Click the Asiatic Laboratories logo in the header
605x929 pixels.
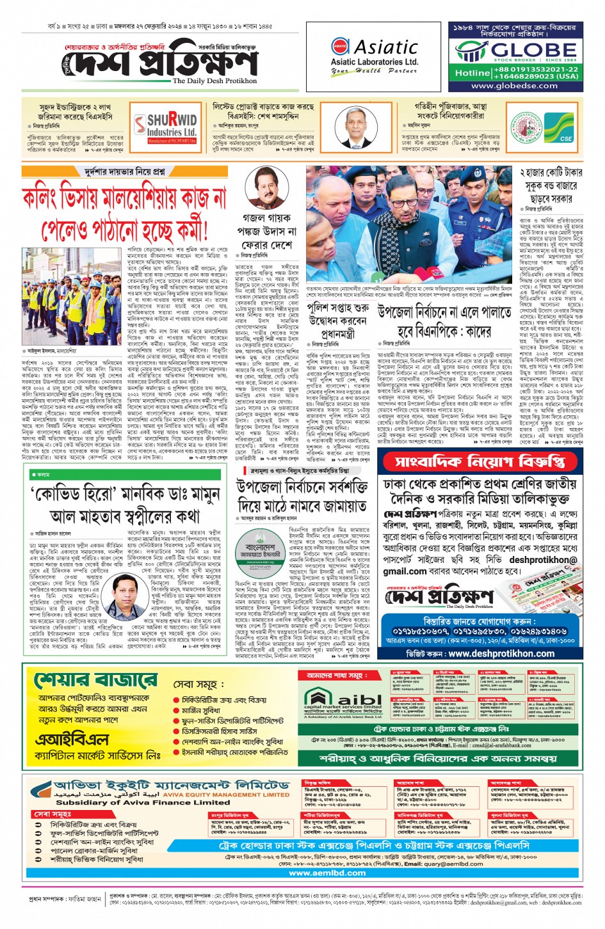click(375, 56)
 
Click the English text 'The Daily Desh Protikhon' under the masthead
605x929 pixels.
click(214, 81)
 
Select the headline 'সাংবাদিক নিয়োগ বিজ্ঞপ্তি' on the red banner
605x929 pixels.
click(480, 461)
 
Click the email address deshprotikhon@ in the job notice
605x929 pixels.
click(543, 560)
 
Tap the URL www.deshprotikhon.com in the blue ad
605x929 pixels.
click(501, 654)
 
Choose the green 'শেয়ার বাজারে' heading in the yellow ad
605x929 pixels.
click(95, 680)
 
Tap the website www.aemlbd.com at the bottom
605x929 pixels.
click(327, 872)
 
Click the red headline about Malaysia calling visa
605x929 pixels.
click(124, 211)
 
